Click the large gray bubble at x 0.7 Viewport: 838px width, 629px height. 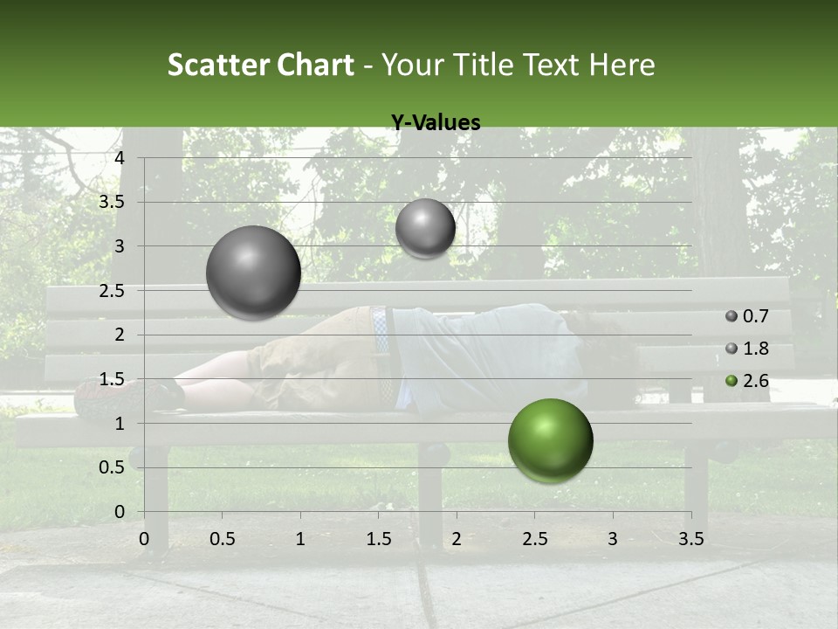pos(254,273)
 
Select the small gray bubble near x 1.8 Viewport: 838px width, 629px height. pos(425,229)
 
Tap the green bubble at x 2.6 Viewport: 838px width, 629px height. pos(550,440)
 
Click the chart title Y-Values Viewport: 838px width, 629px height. pos(435,123)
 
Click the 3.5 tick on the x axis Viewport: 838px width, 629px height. pos(690,539)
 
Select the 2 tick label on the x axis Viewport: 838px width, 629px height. pos(457,539)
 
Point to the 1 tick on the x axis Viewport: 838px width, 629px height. pos(300,539)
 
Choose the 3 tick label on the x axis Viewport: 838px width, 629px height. pos(612,539)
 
